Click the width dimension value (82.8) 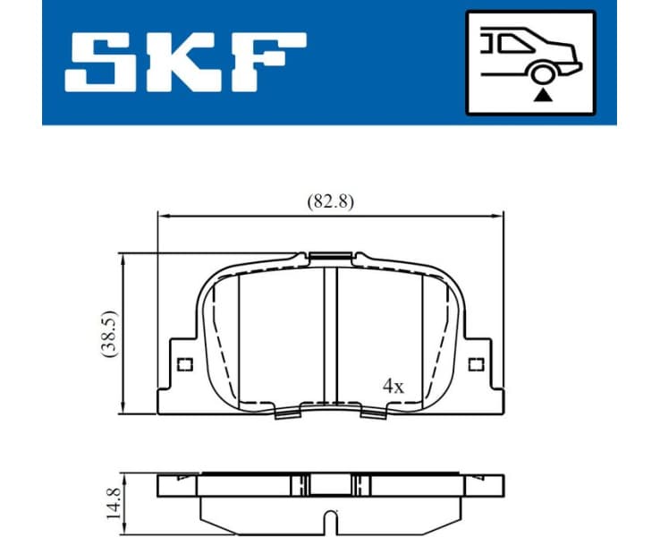coord(330,201)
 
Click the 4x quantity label coord(393,387)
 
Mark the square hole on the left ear coord(185,363)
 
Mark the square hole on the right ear coord(477,363)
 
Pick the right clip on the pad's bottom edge coord(374,411)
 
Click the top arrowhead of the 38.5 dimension coord(123,259)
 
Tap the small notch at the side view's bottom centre coord(332,517)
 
